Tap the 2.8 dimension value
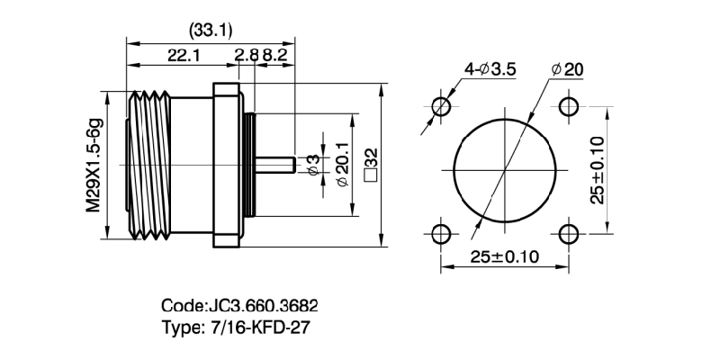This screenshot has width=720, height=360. (246, 56)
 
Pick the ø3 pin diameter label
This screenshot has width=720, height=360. (312, 165)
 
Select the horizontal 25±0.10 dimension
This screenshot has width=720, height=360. (504, 256)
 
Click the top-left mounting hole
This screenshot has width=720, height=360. (441, 106)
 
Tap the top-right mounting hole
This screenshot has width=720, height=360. (569, 106)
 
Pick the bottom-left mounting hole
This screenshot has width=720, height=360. (441, 234)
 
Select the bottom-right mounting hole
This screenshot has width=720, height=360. (569, 234)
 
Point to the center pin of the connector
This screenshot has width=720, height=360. (274, 166)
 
